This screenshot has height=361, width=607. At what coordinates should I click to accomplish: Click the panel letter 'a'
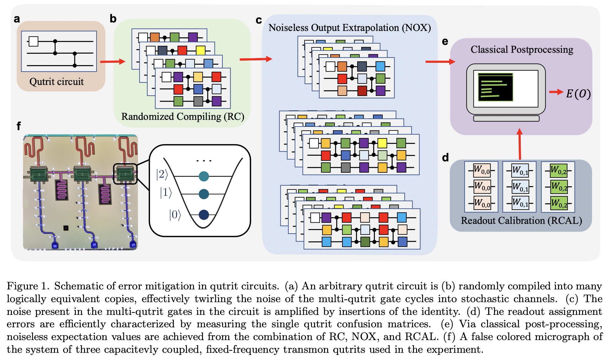click(17, 19)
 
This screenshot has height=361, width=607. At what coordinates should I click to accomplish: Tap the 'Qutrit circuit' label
click(56, 82)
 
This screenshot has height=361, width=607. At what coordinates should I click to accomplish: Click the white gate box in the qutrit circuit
click(33, 41)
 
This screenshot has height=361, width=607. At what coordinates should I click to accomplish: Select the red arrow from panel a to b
click(112, 62)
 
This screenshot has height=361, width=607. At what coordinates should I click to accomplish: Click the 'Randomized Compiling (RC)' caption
click(183, 116)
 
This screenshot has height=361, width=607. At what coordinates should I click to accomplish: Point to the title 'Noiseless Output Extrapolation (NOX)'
click(350, 28)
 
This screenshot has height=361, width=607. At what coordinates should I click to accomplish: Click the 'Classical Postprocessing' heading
click(522, 49)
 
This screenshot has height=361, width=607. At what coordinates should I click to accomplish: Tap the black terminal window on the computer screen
click(495, 87)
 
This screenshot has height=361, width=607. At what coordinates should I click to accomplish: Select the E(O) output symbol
click(578, 94)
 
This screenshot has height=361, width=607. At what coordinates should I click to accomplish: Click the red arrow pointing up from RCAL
click(520, 144)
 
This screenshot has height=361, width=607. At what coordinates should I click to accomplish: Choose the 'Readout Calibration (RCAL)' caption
click(521, 221)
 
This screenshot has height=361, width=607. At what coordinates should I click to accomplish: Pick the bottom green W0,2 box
click(559, 203)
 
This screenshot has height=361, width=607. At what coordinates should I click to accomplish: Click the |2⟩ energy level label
click(162, 174)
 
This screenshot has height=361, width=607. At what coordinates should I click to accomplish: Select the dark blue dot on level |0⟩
click(204, 215)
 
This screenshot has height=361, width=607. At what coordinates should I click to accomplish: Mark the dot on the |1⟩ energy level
click(204, 194)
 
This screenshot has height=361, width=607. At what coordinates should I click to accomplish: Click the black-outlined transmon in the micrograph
click(125, 174)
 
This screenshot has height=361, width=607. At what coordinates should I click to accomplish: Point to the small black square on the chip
click(66, 228)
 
